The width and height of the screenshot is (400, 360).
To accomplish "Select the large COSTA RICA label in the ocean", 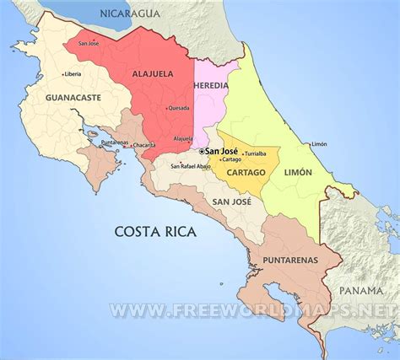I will click(154, 231).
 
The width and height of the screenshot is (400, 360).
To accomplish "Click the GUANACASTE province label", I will click(73, 98).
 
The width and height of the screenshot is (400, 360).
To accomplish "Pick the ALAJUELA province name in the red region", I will click(159, 73).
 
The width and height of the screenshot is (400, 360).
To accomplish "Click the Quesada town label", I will click(179, 108).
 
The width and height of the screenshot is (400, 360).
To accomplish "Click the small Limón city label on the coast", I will click(319, 144).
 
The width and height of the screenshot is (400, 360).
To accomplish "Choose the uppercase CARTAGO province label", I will click(247, 173).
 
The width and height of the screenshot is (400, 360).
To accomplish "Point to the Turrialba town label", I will click(254, 153).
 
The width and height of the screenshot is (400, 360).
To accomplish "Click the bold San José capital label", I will click(218, 151).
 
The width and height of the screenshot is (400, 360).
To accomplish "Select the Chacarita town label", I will click(144, 145).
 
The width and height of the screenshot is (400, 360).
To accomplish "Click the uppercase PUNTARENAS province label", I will click(290, 260).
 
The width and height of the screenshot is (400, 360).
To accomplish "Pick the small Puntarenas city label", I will click(114, 142).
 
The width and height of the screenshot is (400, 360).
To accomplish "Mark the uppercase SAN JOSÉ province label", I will click(230, 201).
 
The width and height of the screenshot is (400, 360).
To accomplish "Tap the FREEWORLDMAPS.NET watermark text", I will click(253, 311).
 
